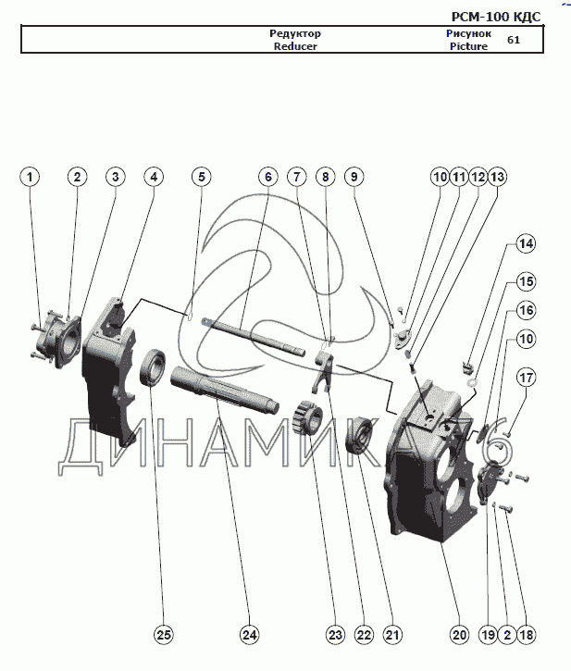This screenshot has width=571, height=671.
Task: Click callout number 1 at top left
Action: (x=30, y=177)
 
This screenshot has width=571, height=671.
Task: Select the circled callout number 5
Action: (x=202, y=177)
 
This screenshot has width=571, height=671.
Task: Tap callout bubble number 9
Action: (x=354, y=177)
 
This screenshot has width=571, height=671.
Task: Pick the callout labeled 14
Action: (x=526, y=243)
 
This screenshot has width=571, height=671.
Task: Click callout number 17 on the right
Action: (x=526, y=378)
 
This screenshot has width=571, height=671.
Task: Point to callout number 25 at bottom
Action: (x=164, y=635)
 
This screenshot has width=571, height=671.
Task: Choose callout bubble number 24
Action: (x=250, y=635)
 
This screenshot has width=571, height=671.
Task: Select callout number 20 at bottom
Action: (x=459, y=635)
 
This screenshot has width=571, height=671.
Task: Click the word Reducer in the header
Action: (x=295, y=46)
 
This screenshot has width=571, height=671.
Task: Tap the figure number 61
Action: (x=514, y=40)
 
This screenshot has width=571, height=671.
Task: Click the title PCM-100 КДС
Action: (x=496, y=17)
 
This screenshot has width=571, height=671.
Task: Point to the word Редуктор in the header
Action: (x=295, y=33)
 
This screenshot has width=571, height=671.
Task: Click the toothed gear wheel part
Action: (x=307, y=416)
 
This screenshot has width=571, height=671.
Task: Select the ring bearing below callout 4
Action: (x=153, y=368)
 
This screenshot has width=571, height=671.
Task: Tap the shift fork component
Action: (x=323, y=369)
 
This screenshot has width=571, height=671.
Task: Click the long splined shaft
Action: (x=225, y=391)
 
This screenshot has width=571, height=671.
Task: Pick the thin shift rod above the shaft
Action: (x=254, y=336)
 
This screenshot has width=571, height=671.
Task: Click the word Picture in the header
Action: (x=468, y=46)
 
